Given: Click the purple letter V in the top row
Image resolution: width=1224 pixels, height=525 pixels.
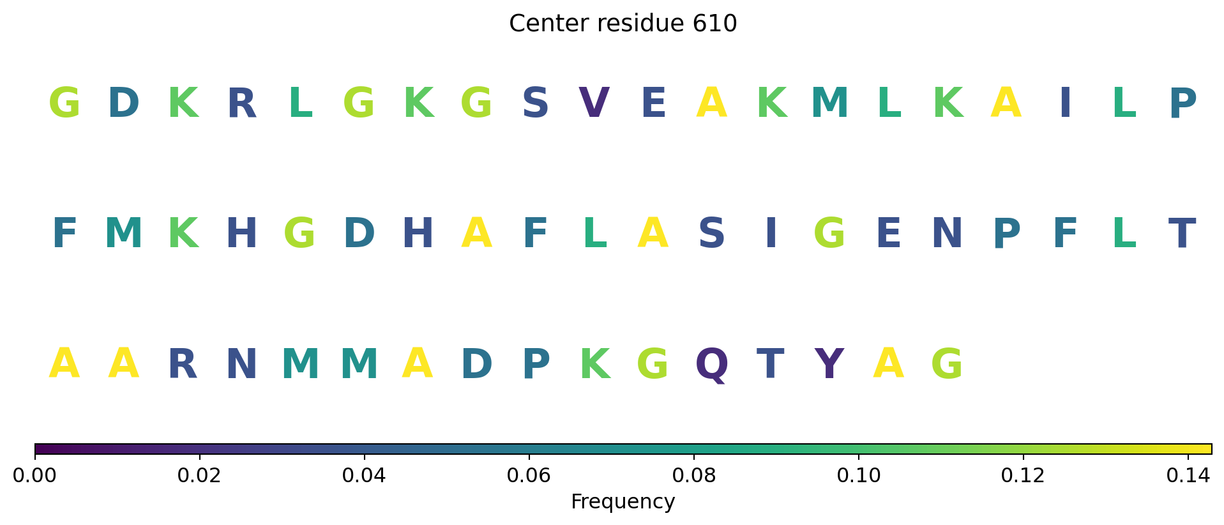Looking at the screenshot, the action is [x=594, y=103].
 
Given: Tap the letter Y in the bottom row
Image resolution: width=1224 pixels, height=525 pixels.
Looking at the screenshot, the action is [x=829, y=365].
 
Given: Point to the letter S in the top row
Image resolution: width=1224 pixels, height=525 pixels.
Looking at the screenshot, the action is [x=535, y=103].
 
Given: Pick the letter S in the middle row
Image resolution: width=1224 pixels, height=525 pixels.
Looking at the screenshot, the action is [x=712, y=234].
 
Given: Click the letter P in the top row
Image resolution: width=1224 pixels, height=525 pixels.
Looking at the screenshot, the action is [x=1182, y=103].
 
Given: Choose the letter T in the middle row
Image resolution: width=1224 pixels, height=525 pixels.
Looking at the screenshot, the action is [x=1182, y=234].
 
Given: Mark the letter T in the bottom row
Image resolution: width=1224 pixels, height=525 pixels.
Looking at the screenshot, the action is [x=770, y=365].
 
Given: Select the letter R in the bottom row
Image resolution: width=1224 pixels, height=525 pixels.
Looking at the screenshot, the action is [x=183, y=365].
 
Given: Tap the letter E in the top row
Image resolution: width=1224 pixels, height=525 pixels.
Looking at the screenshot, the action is [x=653, y=103].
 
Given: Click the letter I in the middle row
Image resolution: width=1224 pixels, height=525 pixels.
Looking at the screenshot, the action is [x=771, y=234].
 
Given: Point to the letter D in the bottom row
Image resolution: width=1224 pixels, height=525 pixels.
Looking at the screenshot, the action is [x=476, y=365].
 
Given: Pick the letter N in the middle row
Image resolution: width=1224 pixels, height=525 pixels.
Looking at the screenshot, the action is [x=947, y=234].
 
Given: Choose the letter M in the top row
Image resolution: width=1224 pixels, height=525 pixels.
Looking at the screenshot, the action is [x=829, y=103].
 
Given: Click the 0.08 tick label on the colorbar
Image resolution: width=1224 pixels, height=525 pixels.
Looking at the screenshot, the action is [x=693, y=475].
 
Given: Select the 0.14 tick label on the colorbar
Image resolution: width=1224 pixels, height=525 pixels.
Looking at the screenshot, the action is [x=1188, y=475].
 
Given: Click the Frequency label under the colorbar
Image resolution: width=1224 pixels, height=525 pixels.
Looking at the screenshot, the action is [x=623, y=502].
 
